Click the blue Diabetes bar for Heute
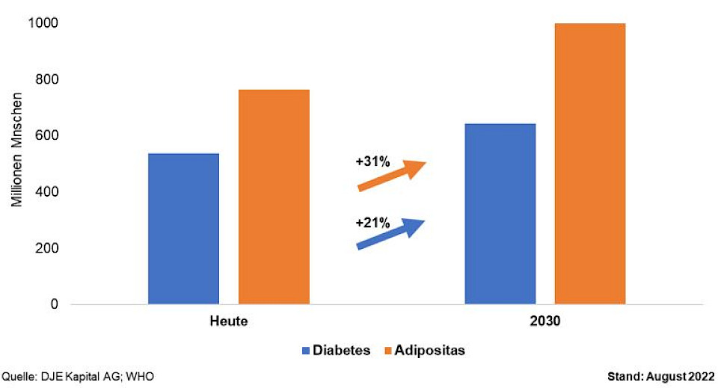point(183,229)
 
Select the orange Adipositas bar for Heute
point(274,197)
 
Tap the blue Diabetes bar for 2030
point(500,214)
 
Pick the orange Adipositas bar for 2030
point(590,164)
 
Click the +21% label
point(372,221)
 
